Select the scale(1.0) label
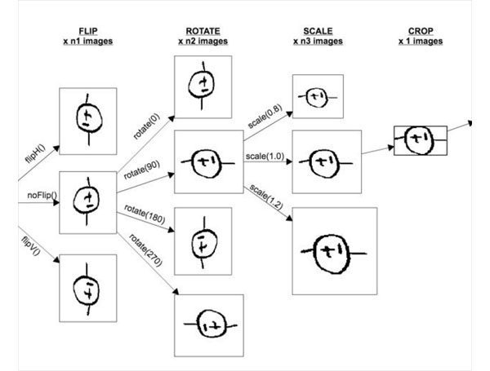click(261, 153)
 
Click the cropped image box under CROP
click(420, 140)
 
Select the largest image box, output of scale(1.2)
click(334, 250)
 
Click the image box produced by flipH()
click(87, 121)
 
